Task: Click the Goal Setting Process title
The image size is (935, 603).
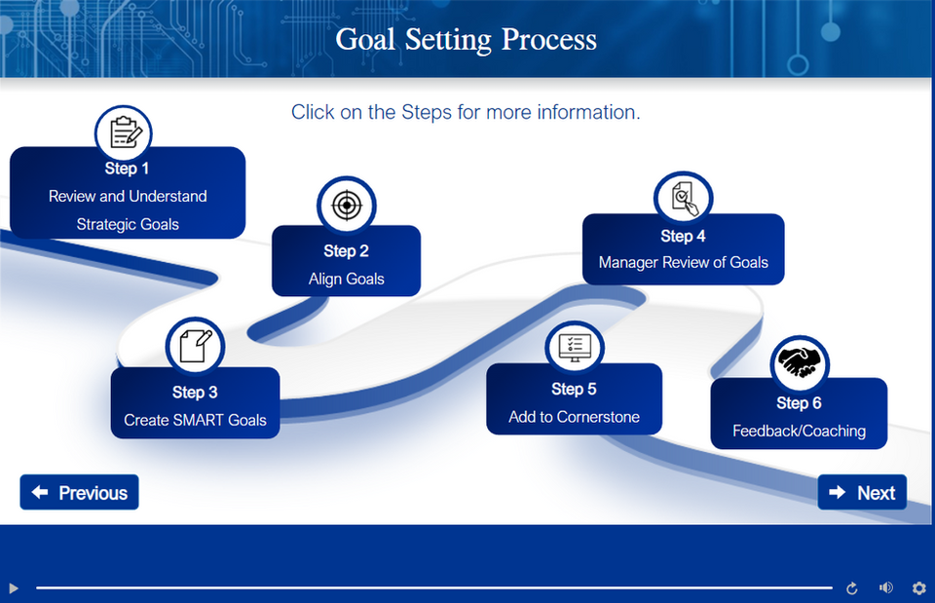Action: tap(466, 40)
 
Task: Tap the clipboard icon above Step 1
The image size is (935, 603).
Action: tap(124, 132)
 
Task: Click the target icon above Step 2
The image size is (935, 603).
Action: tap(346, 205)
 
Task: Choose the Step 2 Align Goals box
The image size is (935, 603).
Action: tap(346, 266)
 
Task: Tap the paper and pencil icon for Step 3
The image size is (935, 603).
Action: tap(195, 345)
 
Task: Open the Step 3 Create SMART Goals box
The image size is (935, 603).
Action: tap(195, 407)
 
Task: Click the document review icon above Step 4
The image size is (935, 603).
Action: tap(684, 199)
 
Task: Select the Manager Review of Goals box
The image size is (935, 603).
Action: tap(683, 251)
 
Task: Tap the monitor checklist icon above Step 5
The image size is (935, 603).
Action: tap(575, 348)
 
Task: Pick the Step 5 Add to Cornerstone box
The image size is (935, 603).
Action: tap(574, 403)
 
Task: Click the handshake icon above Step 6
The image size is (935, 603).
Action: tap(800, 363)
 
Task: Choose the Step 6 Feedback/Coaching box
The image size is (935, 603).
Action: tap(799, 417)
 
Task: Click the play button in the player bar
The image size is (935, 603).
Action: tap(14, 587)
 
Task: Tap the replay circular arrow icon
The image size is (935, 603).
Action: tap(852, 587)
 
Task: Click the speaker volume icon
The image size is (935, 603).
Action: tap(885, 587)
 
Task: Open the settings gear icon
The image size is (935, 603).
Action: tap(918, 587)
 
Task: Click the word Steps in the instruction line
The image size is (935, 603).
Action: tap(427, 112)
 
